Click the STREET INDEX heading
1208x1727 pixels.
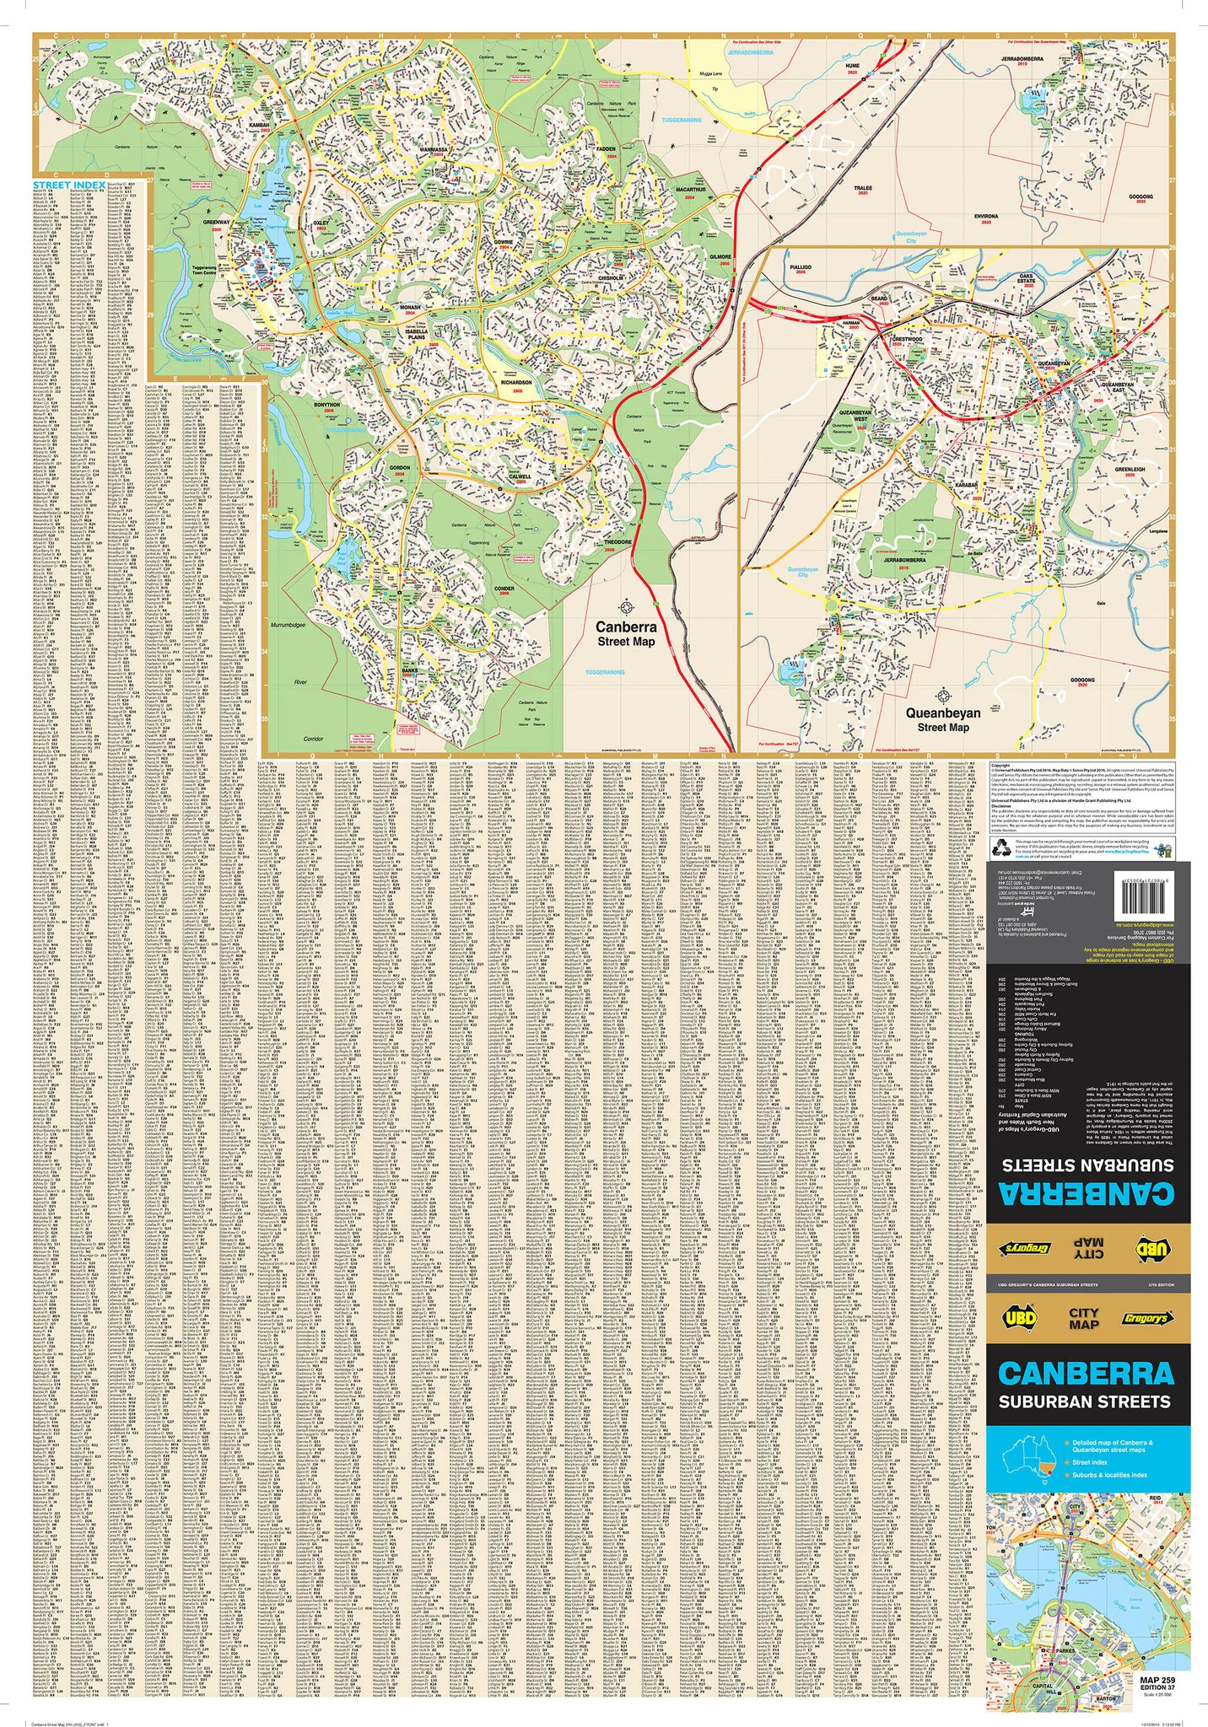coord(69,184)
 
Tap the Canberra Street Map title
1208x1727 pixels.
coord(626,633)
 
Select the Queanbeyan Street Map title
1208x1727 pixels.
coord(943,719)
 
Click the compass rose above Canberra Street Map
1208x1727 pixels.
coord(627,606)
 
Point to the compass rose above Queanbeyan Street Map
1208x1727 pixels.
coord(943,697)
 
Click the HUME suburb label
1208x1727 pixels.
coord(852,65)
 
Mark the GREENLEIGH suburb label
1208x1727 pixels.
coord(1130,470)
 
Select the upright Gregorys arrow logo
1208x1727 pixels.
coord(1145,1319)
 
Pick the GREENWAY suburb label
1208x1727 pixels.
coord(217,223)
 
